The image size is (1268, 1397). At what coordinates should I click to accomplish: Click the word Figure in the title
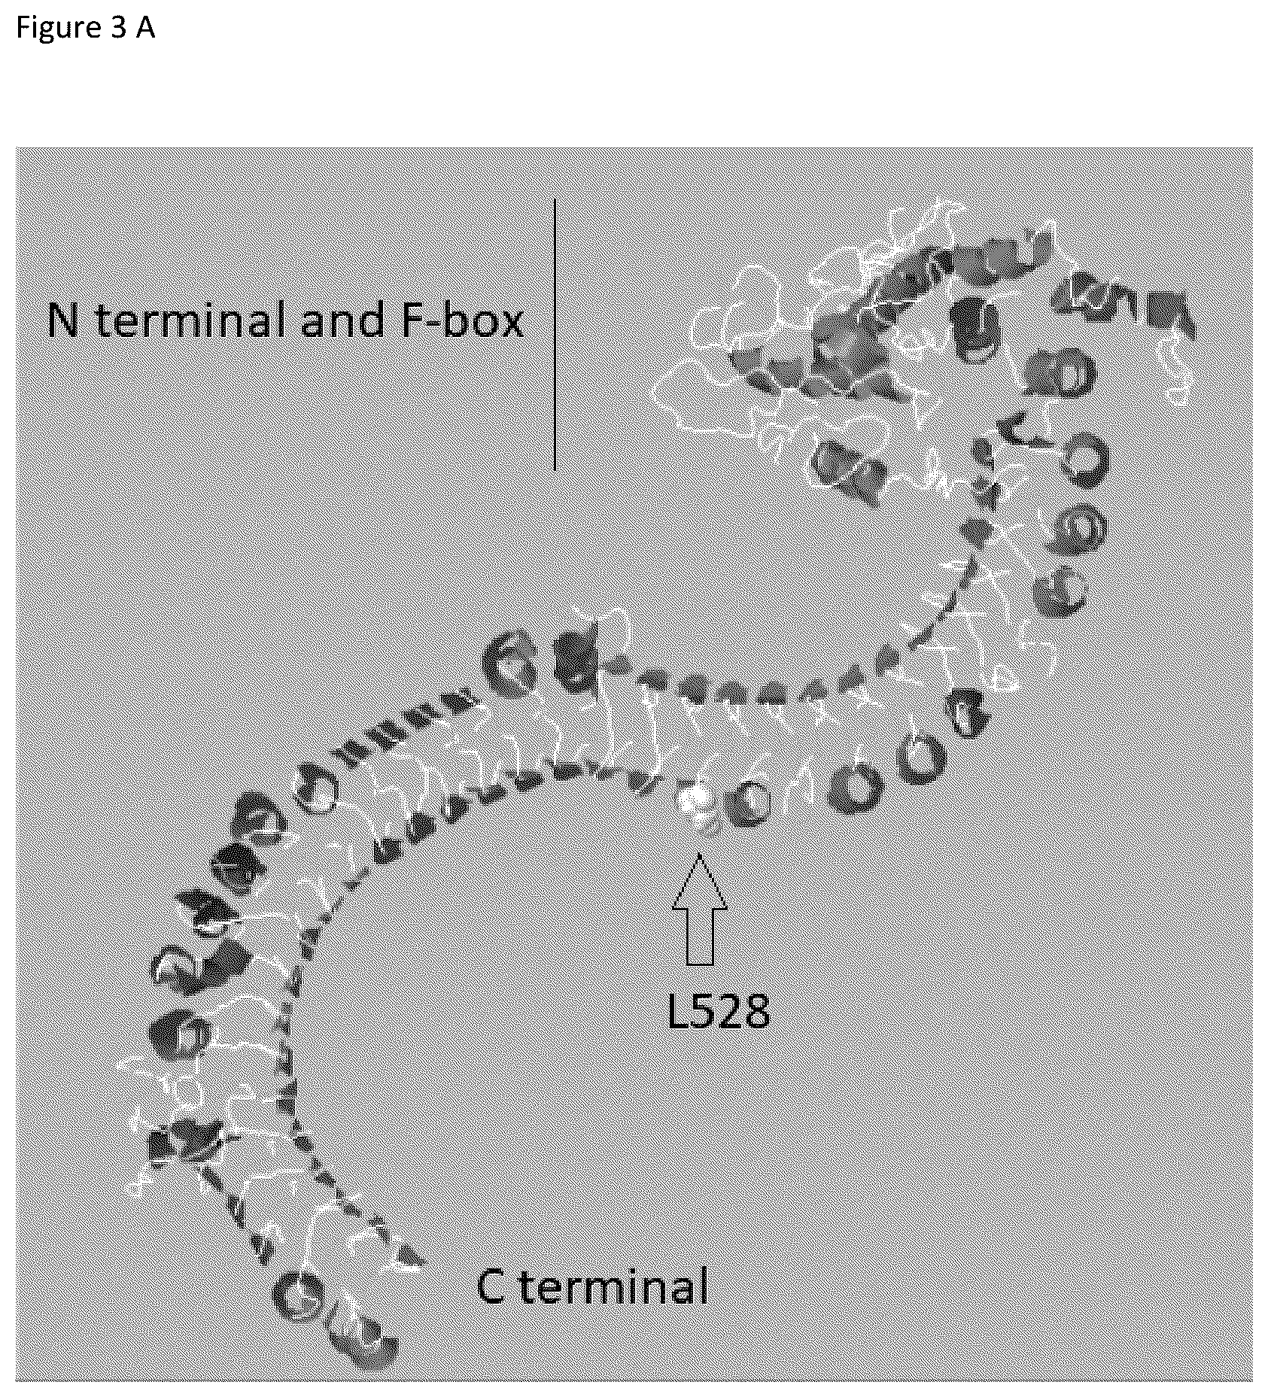57,28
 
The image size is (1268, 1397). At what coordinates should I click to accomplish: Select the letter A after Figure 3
144,27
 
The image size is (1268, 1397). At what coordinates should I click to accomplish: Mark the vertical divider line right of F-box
555,336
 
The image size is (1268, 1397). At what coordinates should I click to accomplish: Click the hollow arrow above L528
700,908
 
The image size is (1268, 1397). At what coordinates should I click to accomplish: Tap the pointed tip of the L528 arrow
700,854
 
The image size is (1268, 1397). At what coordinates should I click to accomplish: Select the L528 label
719,1010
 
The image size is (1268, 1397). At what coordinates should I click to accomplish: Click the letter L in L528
678,1010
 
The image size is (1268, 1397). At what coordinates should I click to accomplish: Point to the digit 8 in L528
756,1010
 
